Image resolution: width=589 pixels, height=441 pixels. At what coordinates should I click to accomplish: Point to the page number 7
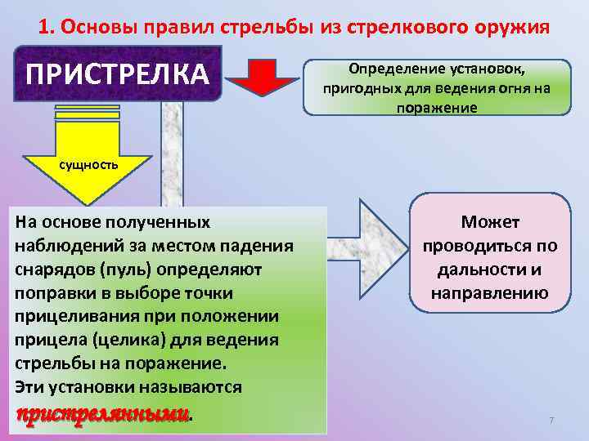[551, 420]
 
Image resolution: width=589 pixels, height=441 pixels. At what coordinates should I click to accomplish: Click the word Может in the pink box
[490, 223]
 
